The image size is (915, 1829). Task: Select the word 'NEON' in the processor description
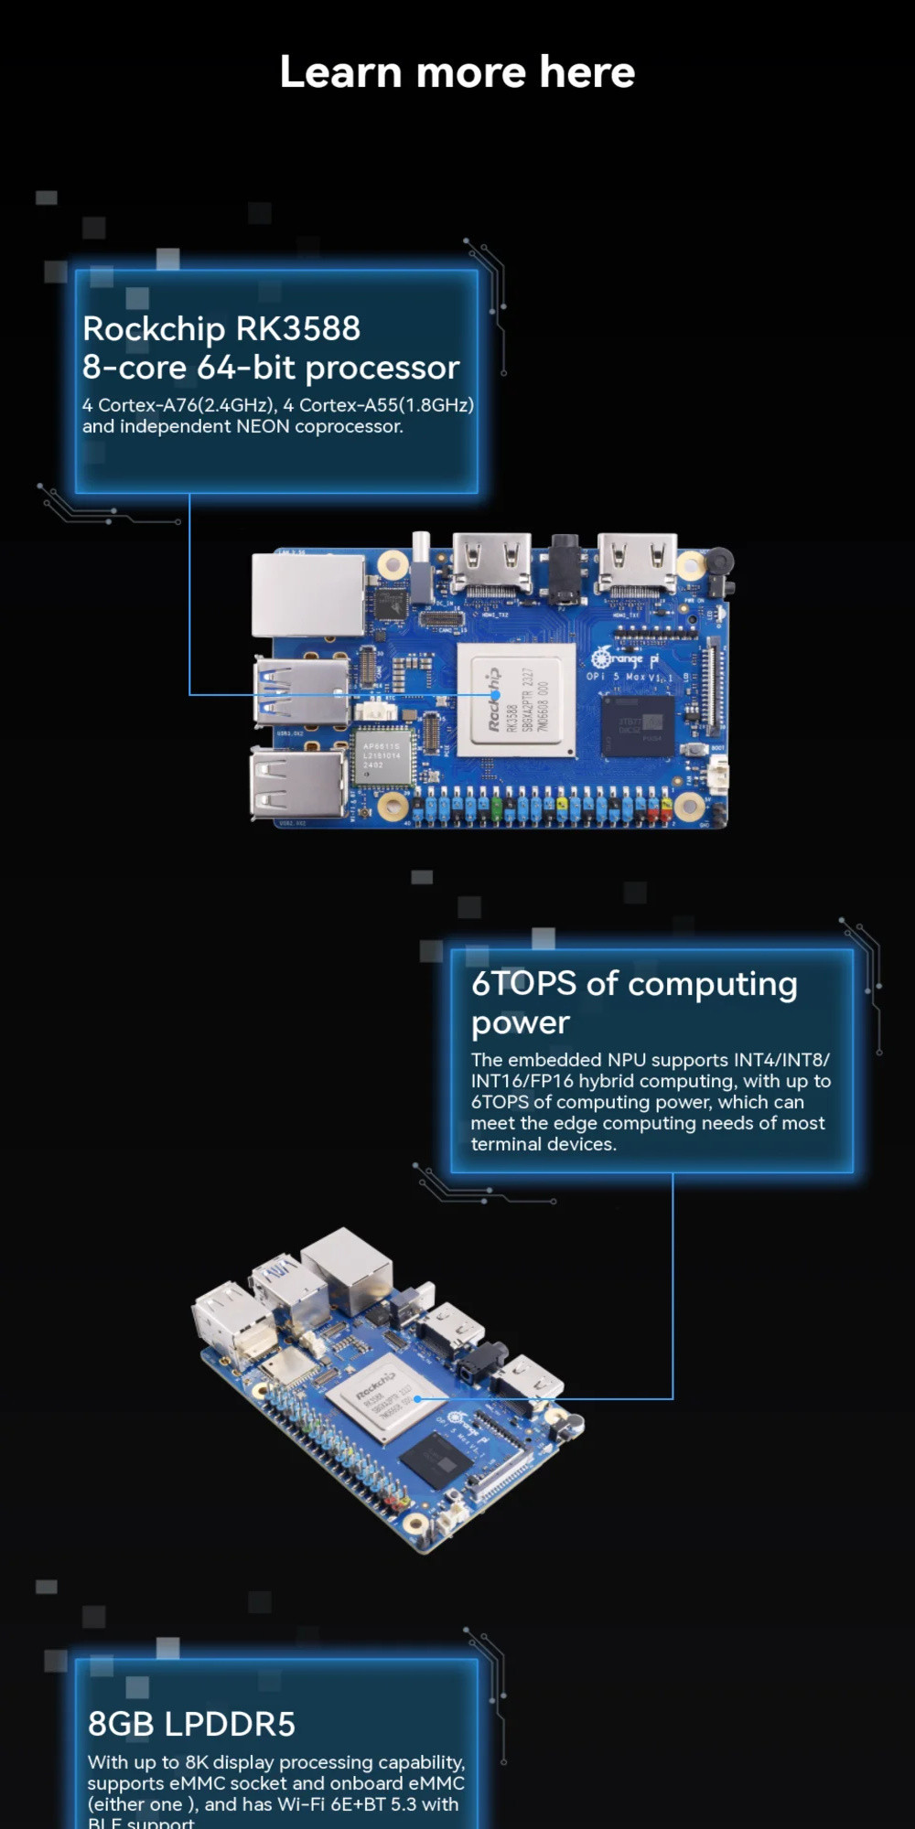[263, 426]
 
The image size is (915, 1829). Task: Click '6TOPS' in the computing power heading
[523, 984]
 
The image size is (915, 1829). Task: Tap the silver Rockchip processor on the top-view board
[516, 701]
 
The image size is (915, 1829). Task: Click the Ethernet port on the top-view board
[307, 595]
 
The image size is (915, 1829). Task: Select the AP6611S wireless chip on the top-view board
[382, 756]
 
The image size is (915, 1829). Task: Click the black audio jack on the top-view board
[564, 568]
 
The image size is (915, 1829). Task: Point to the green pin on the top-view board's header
[497, 808]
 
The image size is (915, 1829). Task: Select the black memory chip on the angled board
[436, 1459]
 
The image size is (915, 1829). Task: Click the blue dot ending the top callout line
[495, 695]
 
